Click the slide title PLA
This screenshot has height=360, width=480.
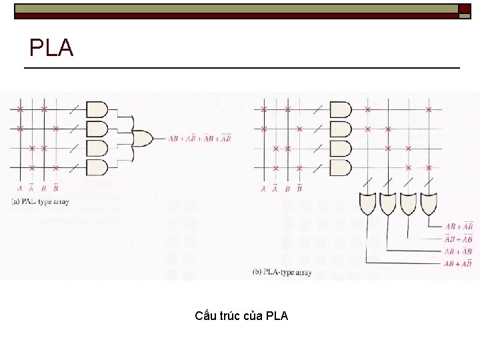51,48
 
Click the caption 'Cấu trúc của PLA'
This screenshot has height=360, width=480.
241,315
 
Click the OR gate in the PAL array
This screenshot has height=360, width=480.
141,138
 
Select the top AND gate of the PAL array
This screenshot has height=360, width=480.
97,109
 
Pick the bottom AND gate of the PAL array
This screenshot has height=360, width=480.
97,167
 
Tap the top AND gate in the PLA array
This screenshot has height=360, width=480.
340,109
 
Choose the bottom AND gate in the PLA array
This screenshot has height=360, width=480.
340,167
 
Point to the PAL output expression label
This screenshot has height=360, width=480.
199,139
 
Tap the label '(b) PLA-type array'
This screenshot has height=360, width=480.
281,272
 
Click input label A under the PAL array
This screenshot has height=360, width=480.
20,189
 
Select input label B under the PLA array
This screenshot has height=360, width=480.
287,189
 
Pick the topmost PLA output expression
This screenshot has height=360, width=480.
459,227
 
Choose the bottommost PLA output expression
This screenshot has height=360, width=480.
459,264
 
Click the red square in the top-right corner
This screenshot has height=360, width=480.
464,9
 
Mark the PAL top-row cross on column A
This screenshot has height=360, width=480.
20,109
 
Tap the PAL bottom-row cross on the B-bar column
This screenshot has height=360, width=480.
56,167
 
